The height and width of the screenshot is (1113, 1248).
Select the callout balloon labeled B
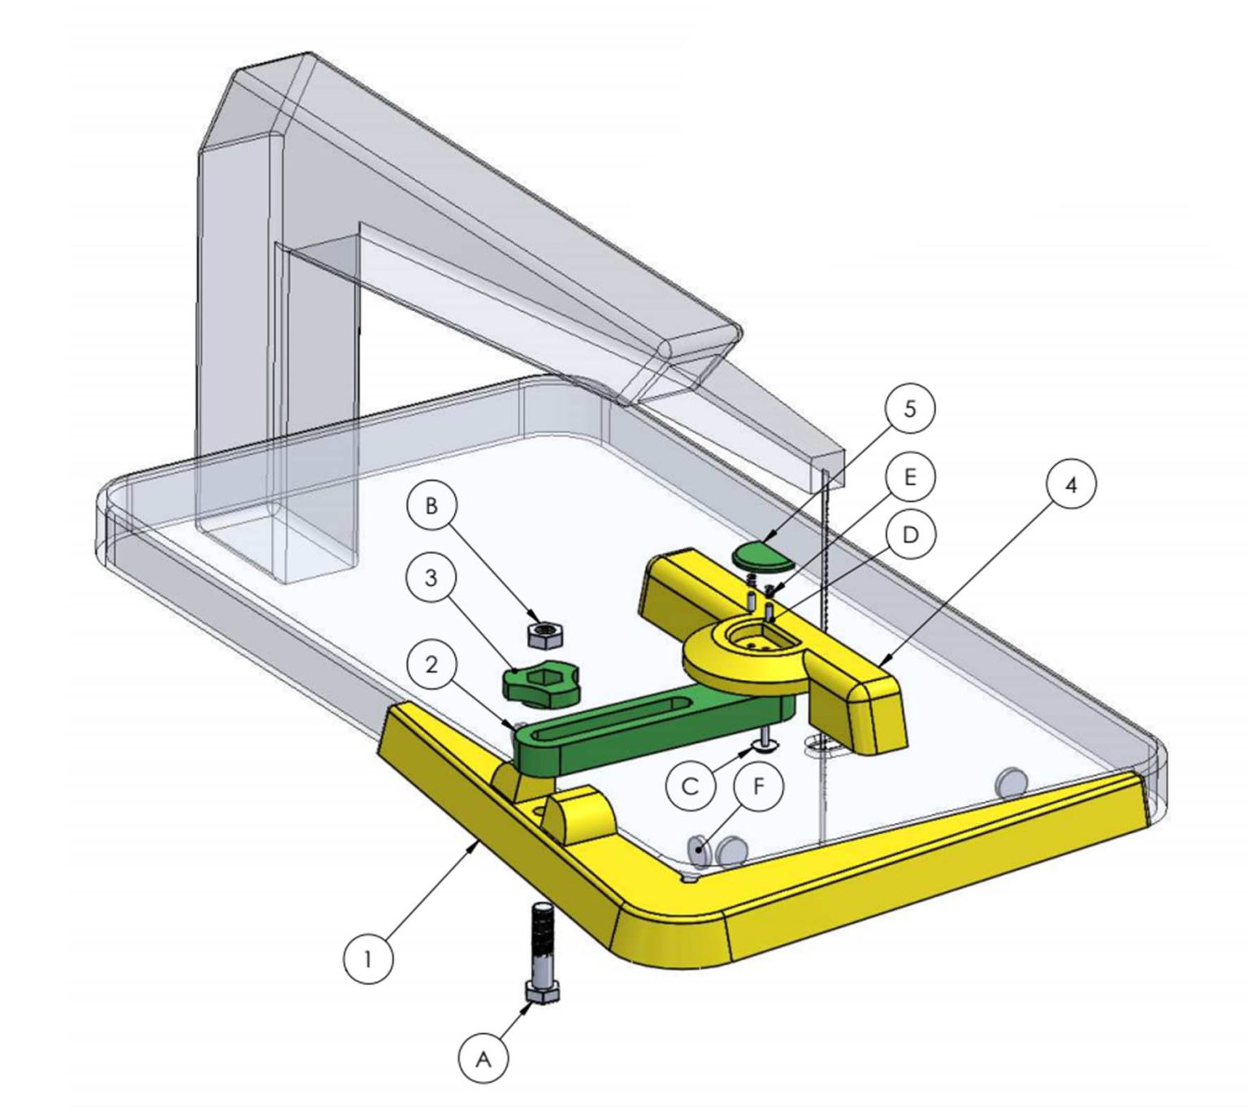(x=431, y=505)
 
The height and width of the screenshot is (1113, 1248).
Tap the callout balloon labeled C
(x=691, y=786)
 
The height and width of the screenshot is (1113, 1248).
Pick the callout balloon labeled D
(x=911, y=535)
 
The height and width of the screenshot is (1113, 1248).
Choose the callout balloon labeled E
(x=911, y=477)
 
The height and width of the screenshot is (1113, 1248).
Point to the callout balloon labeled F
(x=758, y=786)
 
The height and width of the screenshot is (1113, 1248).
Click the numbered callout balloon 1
(x=368, y=959)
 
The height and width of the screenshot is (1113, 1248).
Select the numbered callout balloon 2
(x=431, y=665)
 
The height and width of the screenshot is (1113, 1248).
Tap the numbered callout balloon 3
(x=431, y=578)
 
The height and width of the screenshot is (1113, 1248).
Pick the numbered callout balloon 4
(x=1071, y=485)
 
